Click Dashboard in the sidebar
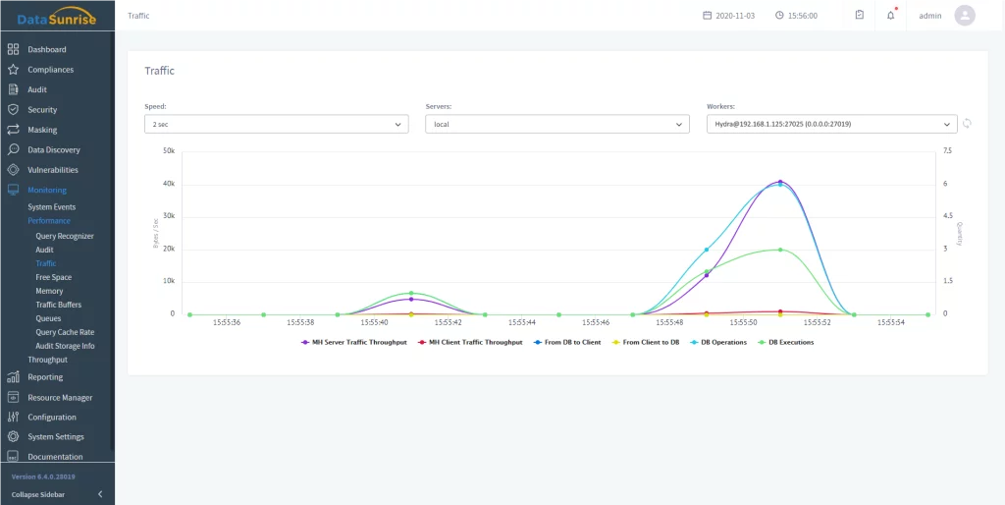click(46, 49)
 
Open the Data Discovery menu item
click(53, 149)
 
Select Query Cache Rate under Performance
click(65, 332)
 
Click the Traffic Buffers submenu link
click(58, 305)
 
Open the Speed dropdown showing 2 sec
click(276, 125)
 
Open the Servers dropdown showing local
click(557, 125)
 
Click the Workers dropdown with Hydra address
click(831, 125)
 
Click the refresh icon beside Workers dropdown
click(967, 124)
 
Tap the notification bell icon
click(891, 16)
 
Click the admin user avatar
click(965, 16)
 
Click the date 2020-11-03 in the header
click(736, 16)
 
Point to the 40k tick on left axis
click(168, 184)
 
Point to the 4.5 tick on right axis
click(948, 216)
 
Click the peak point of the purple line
click(780, 182)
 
